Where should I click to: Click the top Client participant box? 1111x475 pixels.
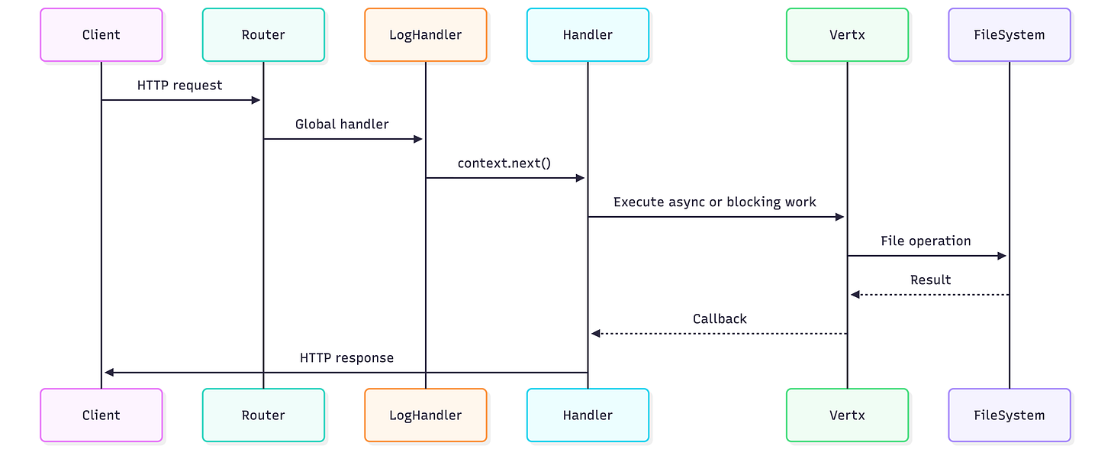101,34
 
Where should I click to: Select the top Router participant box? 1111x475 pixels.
263,34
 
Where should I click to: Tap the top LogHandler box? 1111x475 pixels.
425,34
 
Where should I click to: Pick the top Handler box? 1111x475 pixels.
588,34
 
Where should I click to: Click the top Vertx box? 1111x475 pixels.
847,34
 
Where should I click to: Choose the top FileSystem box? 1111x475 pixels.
1009,34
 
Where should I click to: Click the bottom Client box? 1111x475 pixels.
101,415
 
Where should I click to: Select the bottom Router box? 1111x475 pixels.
263,415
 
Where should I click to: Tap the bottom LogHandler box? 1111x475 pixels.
425,415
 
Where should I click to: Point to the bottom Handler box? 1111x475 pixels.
588,415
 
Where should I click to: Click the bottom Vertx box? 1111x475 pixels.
847,415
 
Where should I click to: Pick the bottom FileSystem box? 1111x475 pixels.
1009,415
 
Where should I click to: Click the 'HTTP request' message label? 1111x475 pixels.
180,86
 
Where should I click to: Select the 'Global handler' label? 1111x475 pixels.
342,124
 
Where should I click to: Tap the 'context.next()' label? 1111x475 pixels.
504,163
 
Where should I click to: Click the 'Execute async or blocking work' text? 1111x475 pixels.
715,202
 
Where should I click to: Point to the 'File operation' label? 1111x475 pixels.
926,241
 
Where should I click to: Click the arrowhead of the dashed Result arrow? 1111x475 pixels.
855,295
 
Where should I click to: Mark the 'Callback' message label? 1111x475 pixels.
720,319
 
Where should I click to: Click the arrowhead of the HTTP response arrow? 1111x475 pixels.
109,373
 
